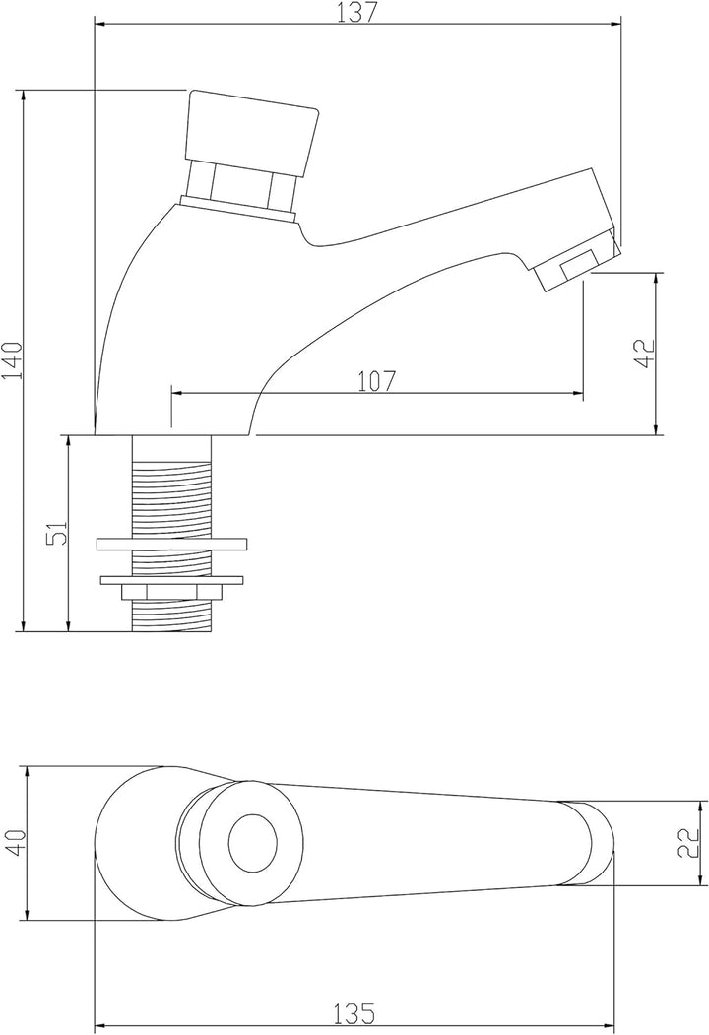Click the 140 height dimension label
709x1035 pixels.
[13, 360]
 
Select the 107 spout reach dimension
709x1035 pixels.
[377, 381]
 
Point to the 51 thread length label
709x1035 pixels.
[58, 532]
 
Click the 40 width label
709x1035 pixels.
[16, 843]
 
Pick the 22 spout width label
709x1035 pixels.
[689, 843]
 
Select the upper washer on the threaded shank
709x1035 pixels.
[172, 545]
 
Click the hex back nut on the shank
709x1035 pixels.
[172, 592]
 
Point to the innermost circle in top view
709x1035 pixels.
[252, 843]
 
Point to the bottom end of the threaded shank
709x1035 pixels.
[172, 630]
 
